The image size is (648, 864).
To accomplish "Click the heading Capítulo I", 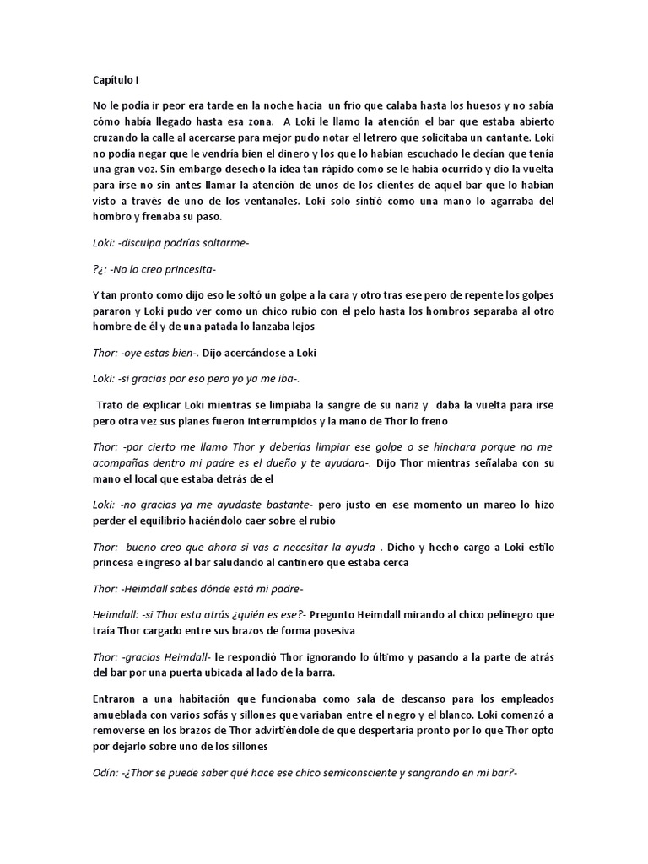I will click(x=116, y=80).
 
